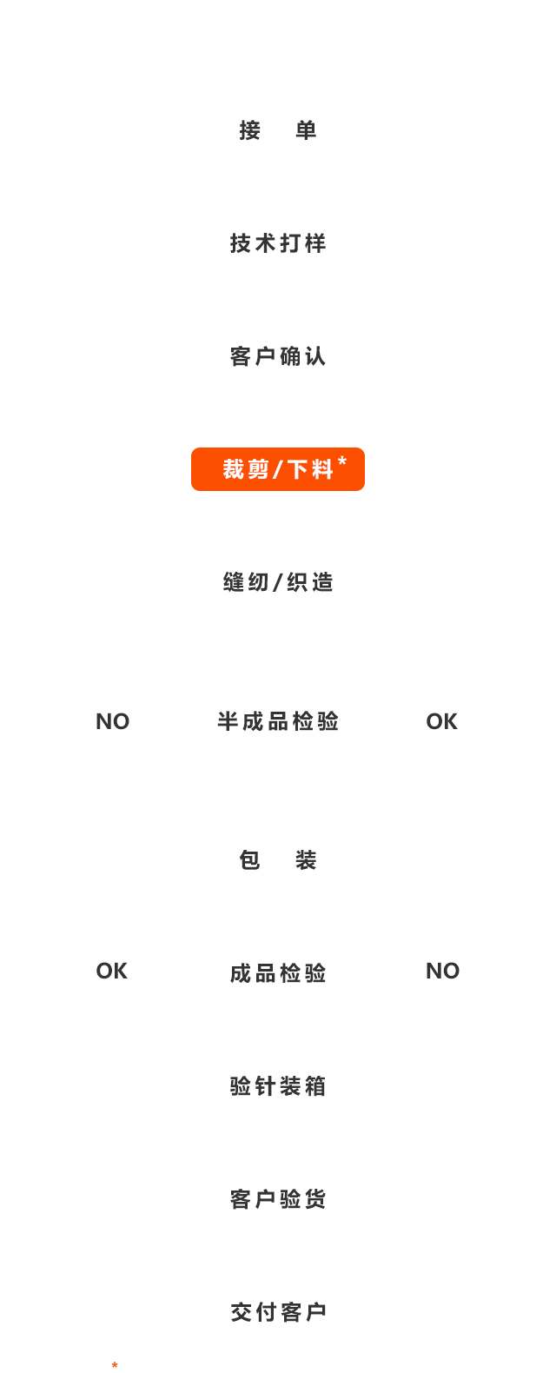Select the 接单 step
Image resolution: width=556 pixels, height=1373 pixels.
pyautogui.click(x=278, y=130)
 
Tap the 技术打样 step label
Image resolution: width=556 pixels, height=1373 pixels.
pyautogui.click(x=278, y=243)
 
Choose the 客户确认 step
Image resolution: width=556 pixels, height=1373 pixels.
pyautogui.click(x=278, y=356)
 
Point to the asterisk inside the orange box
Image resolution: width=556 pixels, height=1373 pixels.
pyautogui.click(x=342, y=461)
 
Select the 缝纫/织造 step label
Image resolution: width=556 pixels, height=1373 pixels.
pyautogui.click(x=278, y=582)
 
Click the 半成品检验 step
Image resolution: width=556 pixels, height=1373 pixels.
pyautogui.click(x=278, y=721)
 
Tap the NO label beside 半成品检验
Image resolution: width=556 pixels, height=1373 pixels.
pyautogui.click(x=113, y=721)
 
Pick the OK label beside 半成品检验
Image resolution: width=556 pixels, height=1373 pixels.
pyautogui.click(x=442, y=721)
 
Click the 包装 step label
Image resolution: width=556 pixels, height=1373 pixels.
pyautogui.click(x=278, y=860)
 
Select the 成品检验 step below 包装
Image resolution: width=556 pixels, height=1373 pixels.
pyautogui.click(x=278, y=973)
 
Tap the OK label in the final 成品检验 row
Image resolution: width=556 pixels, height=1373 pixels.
pyautogui.click(x=112, y=971)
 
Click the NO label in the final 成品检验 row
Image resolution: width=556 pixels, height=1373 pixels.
pyautogui.click(x=443, y=971)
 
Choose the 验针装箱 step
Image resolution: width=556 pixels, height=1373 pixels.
pyautogui.click(x=278, y=1086)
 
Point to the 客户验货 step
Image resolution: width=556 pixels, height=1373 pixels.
pyautogui.click(x=278, y=1199)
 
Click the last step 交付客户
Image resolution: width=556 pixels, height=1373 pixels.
pyautogui.click(x=278, y=1312)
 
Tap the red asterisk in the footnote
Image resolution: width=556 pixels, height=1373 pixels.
pyautogui.click(x=115, y=1366)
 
